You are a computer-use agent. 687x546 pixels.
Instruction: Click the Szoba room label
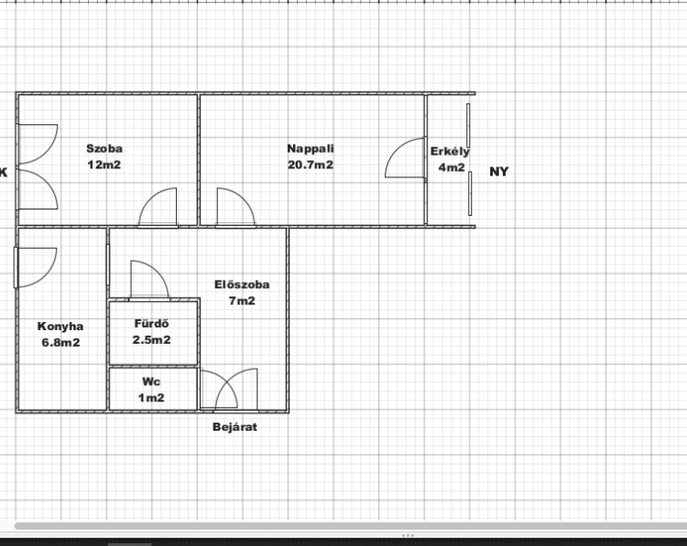[104, 149]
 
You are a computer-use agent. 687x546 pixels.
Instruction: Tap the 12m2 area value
[104, 165]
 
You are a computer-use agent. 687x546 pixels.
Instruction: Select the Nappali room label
[311, 149]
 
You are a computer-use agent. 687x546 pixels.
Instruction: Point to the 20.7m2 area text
[311, 165]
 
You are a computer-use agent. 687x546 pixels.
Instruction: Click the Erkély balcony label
[450, 152]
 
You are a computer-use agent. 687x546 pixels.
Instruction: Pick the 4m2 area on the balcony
[452, 167]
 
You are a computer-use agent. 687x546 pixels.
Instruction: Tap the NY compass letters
[499, 172]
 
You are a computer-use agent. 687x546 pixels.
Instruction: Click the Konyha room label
[60, 327]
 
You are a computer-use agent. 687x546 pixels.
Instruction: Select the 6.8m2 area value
[60, 343]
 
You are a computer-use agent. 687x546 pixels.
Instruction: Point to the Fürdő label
[151, 324]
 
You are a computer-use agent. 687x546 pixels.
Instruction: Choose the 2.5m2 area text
[151, 340]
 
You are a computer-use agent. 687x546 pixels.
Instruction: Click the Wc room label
[151, 381]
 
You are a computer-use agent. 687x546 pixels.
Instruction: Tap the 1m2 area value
[151, 398]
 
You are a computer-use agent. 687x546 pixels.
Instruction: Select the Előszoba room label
[242, 284]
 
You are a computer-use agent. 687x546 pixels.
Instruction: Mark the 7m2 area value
[242, 301]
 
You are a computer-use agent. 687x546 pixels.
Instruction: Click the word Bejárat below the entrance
[234, 427]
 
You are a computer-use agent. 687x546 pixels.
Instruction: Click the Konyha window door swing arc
[49, 275]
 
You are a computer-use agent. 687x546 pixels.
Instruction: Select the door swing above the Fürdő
[158, 272]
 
